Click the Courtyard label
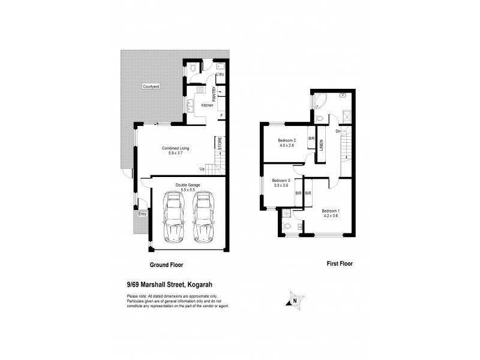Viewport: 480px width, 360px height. coord(151,88)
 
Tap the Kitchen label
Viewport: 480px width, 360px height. coord(207,106)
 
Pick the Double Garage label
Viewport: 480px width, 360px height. coord(187,185)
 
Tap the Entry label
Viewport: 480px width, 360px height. coord(142,214)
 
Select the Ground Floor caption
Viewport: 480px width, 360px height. coord(166,265)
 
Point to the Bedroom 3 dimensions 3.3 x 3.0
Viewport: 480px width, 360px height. coord(280,186)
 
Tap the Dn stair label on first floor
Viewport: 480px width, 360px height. coord(338,131)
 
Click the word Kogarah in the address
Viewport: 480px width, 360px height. coord(208,286)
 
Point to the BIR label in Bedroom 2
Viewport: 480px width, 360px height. coord(311,139)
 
